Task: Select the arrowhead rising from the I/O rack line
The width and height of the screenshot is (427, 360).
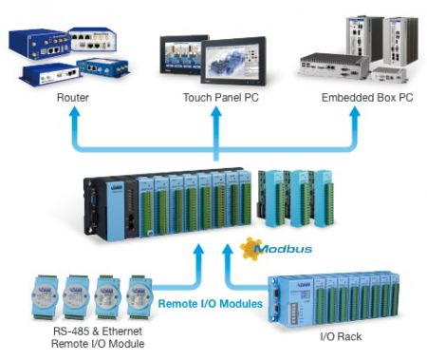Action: pyautogui.click(x=228, y=249)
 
